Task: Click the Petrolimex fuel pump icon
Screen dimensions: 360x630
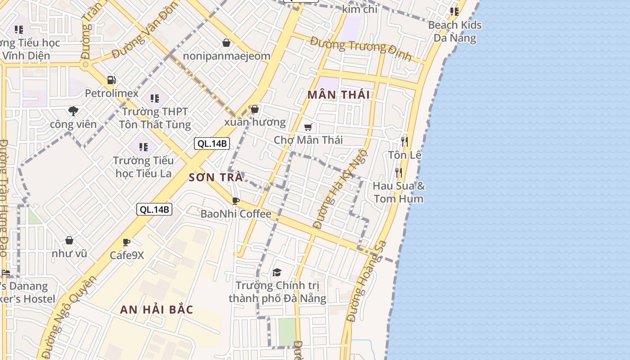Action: [x=111, y=80]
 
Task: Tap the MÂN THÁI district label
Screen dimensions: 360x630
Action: [x=338, y=94]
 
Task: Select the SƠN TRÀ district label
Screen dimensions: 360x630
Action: [x=216, y=177]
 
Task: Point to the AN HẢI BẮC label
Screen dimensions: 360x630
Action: [x=157, y=310]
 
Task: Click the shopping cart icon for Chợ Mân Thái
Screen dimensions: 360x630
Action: [x=308, y=127]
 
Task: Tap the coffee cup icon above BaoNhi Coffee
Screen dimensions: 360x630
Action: [x=235, y=201]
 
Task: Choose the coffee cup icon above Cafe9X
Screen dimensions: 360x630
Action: [x=126, y=243]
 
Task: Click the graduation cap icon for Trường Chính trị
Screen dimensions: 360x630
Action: [x=277, y=272]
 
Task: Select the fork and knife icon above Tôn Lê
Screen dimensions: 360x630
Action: [x=405, y=142]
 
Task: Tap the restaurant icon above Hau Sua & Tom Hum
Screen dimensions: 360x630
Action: [x=398, y=173]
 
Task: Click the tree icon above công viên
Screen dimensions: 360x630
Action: [x=73, y=111]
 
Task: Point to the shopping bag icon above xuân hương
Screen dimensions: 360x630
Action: [x=255, y=109]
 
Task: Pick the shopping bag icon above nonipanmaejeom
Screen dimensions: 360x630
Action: [x=226, y=43]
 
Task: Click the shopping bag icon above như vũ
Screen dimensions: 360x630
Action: [x=69, y=241]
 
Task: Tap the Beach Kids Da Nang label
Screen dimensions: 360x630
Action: [x=454, y=31]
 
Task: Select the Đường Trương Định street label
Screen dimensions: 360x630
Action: [x=361, y=49]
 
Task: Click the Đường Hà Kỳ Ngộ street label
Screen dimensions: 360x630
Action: [x=340, y=189]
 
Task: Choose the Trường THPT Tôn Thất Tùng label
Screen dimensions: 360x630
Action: [x=155, y=118]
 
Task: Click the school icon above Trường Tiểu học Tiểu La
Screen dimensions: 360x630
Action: [x=144, y=147]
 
